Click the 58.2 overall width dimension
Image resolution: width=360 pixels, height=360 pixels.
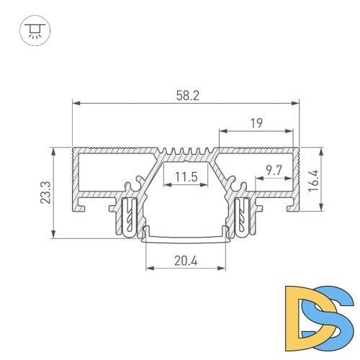click(185, 94)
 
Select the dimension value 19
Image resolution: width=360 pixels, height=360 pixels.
click(257, 123)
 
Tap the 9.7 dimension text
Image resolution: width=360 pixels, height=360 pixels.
click(274, 170)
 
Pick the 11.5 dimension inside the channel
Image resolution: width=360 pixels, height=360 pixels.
click(185, 176)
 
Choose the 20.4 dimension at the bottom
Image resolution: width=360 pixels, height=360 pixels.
click(186, 261)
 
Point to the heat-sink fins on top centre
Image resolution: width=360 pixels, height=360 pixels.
click(185, 153)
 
